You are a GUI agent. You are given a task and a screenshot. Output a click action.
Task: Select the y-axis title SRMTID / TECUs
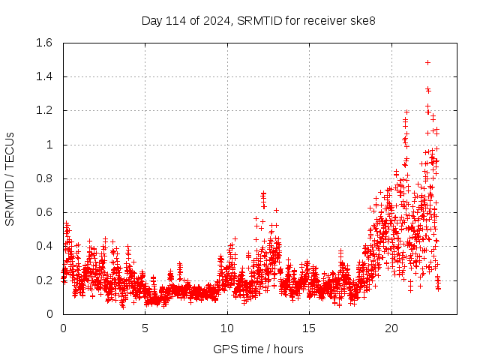[x=10, y=178]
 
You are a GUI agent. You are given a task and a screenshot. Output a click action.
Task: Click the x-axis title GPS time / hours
[x=258, y=349]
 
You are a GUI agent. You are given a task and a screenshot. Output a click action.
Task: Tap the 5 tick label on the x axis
[x=145, y=328]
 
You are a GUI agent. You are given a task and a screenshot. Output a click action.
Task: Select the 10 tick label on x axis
[x=227, y=328]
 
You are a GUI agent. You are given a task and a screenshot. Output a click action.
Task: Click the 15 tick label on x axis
[x=310, y=328]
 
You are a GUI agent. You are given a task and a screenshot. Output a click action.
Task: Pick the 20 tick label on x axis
[x=391, y=328]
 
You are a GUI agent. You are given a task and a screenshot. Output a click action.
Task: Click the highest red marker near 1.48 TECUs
[x=427, y=62]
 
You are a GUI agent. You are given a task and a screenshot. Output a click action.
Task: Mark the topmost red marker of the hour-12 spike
[x=262, y=193]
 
